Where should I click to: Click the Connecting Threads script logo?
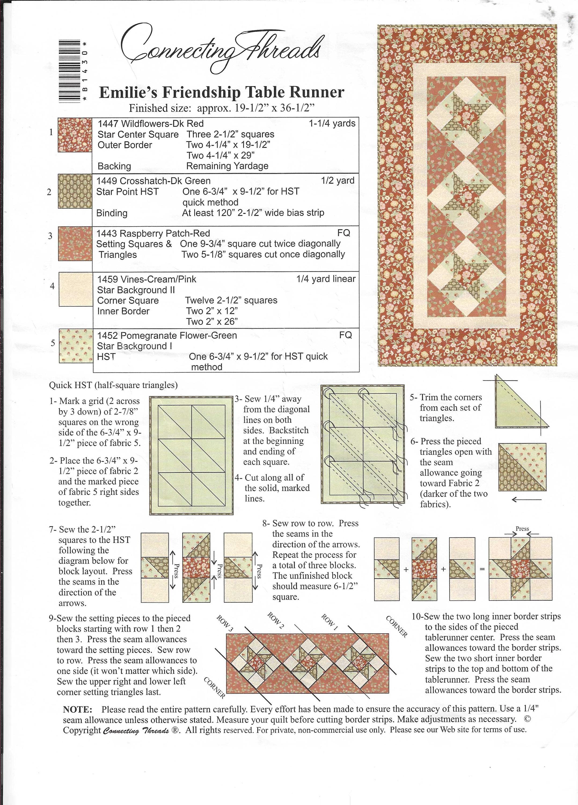[220, 50]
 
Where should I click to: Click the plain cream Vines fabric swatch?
[75, 289]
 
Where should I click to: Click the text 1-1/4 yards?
[332, 123]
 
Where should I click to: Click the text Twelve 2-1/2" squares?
[231, 300]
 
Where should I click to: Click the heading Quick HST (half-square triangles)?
[113, 385]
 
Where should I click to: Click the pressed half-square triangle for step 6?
[522, 467]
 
